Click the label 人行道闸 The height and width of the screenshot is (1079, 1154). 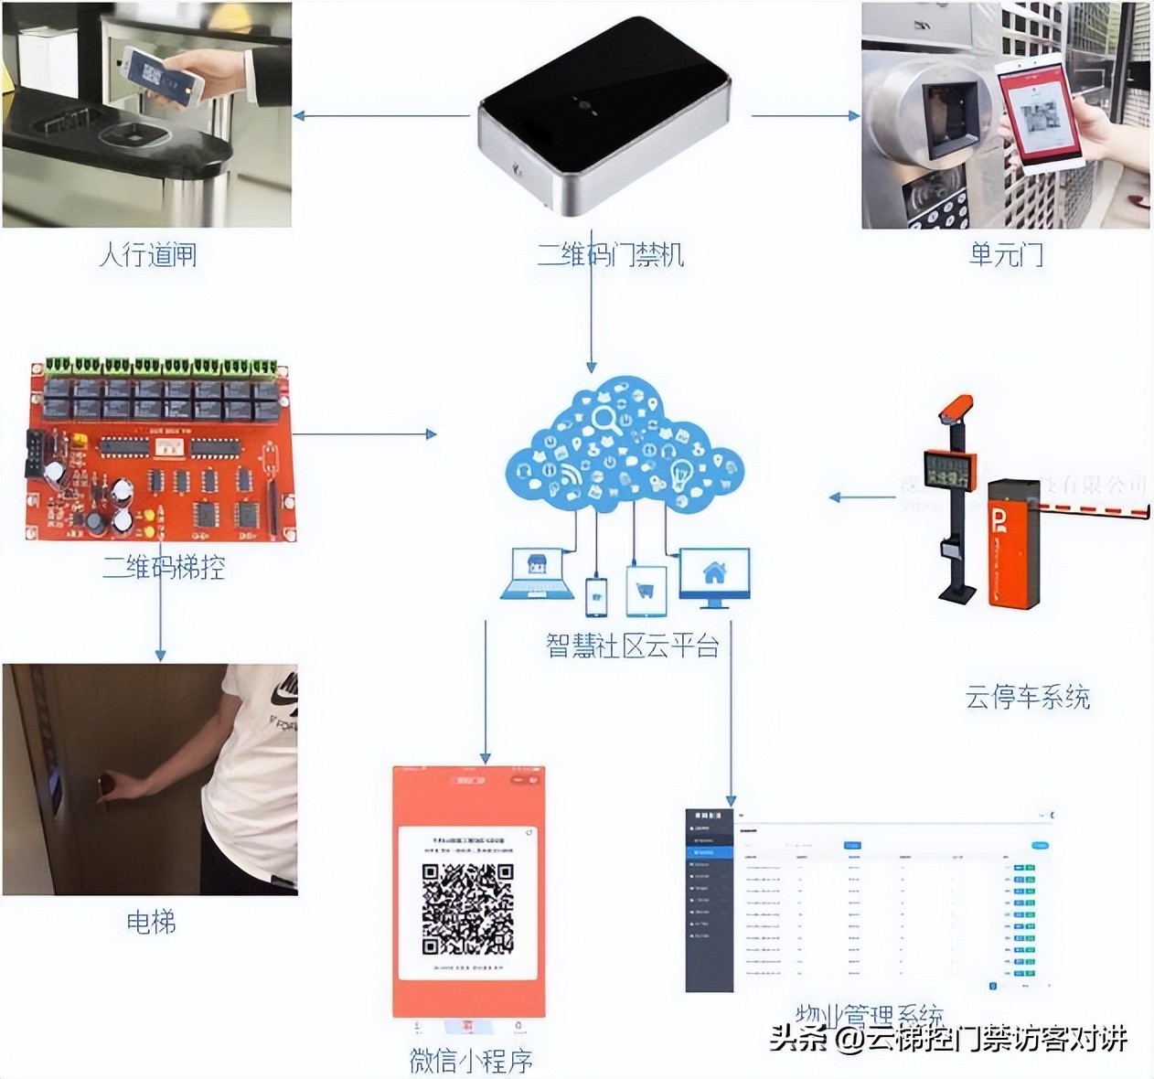[148, 254]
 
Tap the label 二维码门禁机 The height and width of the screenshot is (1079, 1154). [610, 254]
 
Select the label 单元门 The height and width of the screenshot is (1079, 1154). [1006, 254]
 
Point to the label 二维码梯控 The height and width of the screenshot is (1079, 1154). [164, 568]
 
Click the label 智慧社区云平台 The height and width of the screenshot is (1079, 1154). [633, 646]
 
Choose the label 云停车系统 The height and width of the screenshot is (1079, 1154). [1027, 698]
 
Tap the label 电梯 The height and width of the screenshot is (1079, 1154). [151, 922]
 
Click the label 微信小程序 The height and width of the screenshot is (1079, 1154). [471, 1061]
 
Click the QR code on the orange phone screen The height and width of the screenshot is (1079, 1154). [467, 909]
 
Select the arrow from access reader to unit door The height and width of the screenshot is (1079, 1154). [805, 116]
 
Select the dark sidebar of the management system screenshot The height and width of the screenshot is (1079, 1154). [709, 901]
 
